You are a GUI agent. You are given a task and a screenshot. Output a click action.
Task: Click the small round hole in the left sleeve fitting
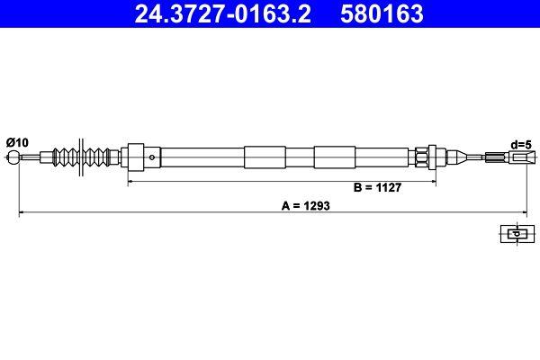coord(153,157)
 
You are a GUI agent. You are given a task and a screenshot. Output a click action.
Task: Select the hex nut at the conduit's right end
coord(423,157)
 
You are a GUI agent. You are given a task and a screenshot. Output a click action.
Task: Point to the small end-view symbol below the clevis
coord(515,234)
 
